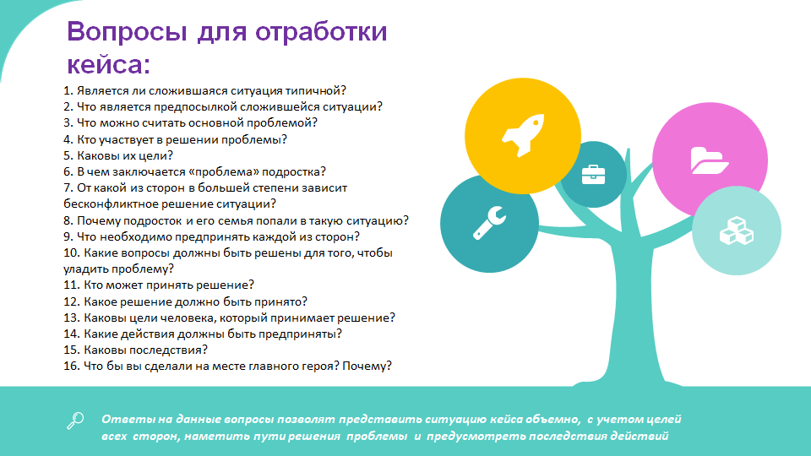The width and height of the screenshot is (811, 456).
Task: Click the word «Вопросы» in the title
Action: click(x=127, y=31)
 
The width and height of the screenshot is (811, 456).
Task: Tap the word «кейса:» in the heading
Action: click(x=109, y=64)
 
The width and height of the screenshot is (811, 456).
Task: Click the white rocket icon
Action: click(x=523, y=135)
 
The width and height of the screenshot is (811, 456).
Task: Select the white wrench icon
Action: click(x=489, y=223)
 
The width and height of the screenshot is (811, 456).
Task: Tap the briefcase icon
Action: click(x=593, y=175)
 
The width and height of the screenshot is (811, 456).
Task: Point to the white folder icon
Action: click(x=710, y=160)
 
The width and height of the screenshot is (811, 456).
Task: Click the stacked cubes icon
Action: click(x=737, y=231)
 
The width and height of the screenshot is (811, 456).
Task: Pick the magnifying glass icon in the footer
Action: click(x=75, y=421)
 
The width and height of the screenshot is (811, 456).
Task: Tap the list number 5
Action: click(x=68, y=155)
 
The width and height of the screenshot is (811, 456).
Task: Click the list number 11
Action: click(x=71, y=285)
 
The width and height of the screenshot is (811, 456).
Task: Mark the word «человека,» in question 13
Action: click(x=185, y=318)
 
